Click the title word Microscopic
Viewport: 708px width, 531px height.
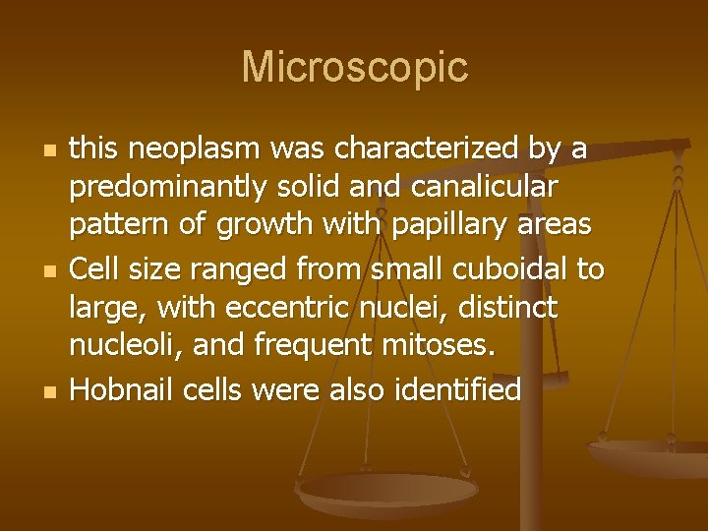pyautogui.click(x=354, y=68)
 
